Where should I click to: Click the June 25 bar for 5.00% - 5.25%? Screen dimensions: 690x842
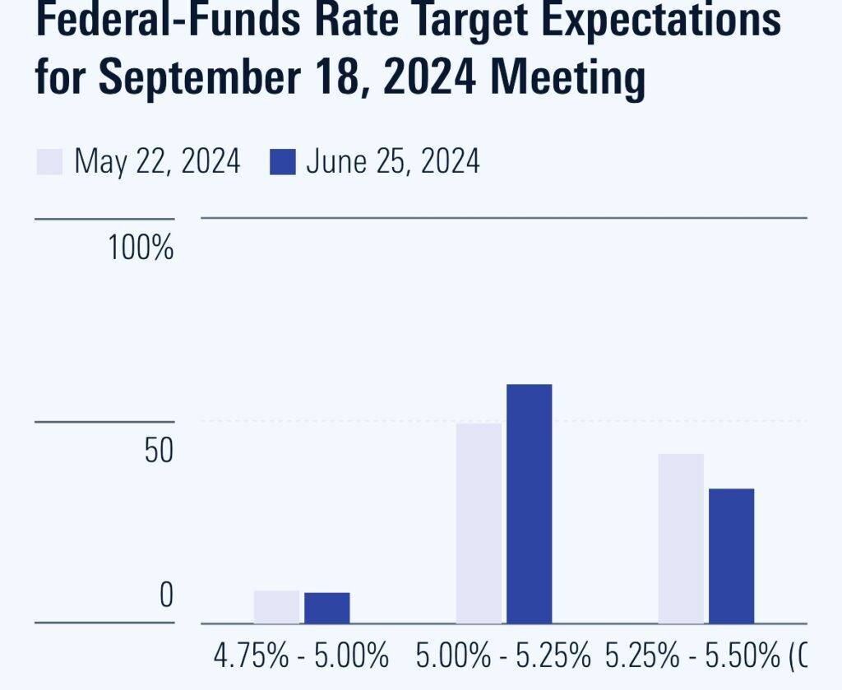pyautogui.click(x=529, y=503)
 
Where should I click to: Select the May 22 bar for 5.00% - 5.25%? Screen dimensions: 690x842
pyautogui.click(x=479, y=523)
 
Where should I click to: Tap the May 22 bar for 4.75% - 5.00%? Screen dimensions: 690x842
pyautogui.click(x=276, y=607)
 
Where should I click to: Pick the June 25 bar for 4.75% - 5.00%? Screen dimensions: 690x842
pyautogui.click(x=326, y=608)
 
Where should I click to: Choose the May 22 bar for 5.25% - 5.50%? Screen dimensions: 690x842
pyautogui.click(x=681, y=538)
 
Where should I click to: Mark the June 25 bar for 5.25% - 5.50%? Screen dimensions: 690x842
pyautogui.click(x=731, y=555)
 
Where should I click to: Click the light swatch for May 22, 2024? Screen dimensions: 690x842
pyautogui.click(x=49, y=162)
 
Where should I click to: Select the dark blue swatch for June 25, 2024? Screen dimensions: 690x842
pyautogui.click(x=282, y=162)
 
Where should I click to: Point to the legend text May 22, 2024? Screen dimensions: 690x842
pyautogui.click(x=157, y=162)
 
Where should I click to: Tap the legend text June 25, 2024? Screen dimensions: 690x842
pyautogui.click(x=392, y=162)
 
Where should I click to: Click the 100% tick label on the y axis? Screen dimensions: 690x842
pyautogui.click(x=141, y=248)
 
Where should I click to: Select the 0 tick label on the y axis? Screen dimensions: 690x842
pyautogui.click(x=165, y=595)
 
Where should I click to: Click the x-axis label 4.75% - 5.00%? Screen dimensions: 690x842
pyautogui.click(x=301, y=657)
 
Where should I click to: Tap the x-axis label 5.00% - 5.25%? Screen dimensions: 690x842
pyautogui.click(x=504, y=657)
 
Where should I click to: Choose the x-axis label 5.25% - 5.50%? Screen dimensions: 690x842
pyautogui.click(x=694, y=657)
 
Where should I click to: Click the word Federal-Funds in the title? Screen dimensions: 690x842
pyautogui.click(x=158, y=20)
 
